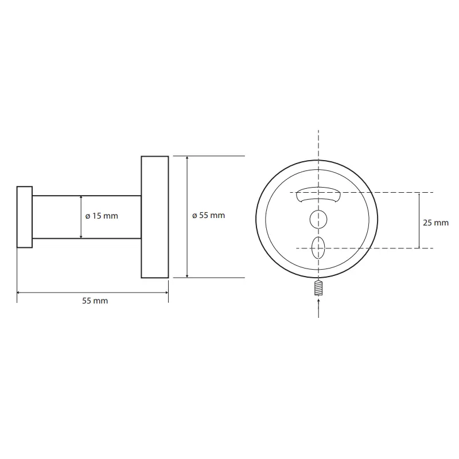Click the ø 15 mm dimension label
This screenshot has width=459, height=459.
102,216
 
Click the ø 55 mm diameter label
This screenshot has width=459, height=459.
208,216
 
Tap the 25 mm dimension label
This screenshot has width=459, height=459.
435,223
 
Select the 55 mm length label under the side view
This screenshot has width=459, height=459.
95,301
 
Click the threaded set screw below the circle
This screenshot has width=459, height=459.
318,288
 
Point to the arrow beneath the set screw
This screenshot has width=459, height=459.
318,308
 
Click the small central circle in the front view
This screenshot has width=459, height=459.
318,219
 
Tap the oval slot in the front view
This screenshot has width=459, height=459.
318,248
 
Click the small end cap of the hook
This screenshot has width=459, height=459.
25,217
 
